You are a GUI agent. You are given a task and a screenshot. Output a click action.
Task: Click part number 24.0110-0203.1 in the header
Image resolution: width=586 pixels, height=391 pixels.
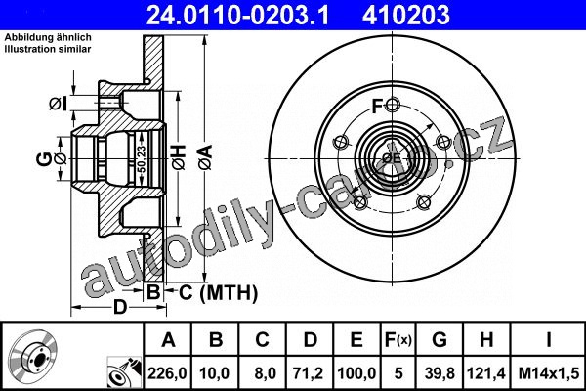click(x=237, y=15)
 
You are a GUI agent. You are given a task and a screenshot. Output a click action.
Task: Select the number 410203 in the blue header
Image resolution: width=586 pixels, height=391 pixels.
click(x=406, y=15)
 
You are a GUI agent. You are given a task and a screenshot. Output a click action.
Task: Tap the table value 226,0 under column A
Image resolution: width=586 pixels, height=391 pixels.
click(x=167, y=373)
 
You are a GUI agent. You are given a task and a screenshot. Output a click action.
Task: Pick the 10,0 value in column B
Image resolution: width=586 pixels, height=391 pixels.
click(x=214, y=373)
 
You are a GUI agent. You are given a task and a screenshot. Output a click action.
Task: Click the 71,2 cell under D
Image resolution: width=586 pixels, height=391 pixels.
click(x=309, y=373)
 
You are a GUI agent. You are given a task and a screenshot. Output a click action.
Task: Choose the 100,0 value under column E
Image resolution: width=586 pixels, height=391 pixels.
click(x=356, y=373)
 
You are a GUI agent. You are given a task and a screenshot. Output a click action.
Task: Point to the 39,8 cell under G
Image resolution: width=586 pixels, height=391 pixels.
click(x=439, y=373)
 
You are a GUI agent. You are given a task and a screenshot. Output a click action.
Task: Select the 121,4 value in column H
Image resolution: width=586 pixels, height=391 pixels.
click(x=486, y=373)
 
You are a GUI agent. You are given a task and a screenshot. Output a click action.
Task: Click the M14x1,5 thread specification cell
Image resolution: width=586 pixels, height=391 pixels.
click(x=549, y=373)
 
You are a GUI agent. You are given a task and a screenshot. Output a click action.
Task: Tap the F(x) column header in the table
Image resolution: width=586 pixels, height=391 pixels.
click(x=398, y=340)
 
